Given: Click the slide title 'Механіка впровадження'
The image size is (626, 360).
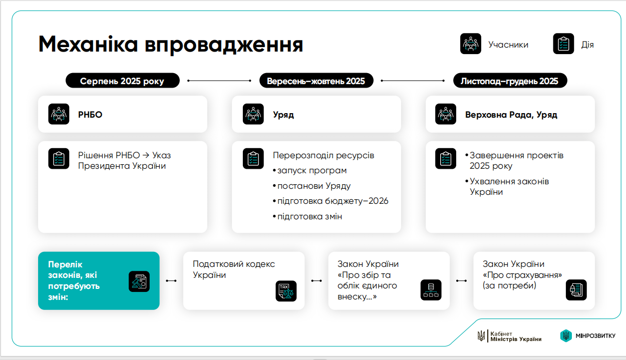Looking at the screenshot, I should pyautogui.click(x=170, y=45).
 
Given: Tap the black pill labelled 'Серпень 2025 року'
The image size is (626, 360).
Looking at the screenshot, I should pyautogui.click(x=122, y=81).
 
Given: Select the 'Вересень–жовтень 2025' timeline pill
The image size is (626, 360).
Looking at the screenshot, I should pyautogui.click(x=316, y=81).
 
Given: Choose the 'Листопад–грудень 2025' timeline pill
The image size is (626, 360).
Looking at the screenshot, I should pyautogui.click(x=510, y=81).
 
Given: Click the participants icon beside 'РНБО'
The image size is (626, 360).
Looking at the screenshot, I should pyautogui.click(x=59, y=114).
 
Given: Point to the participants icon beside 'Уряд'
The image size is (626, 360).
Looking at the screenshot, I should pyautogui.click(x=253, y=114).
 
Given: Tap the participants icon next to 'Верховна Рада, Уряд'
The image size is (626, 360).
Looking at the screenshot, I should pyautogui.click(x=446, y=114).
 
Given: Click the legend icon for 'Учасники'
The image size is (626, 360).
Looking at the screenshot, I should pyautogui.click(x=471, y=44).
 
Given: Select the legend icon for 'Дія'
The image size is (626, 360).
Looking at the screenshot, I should pyautogui.click(x=563, y=44).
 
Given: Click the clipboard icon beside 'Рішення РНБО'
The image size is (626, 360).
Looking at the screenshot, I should pyautogui.click(x=59, y=158).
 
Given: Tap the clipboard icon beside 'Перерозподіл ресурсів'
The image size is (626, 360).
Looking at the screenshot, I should pyautogui.click(x=253, y=158).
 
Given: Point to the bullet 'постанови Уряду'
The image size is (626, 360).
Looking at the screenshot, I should pyautogui.click(x=314, y=186).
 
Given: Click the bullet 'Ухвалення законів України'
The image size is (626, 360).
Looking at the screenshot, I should pyautogui.click(x=508, y=186).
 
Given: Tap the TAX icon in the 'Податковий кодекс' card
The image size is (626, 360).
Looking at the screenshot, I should pyautogui.click(x=286, y=291).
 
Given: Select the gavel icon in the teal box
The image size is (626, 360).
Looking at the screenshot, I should pyautogui.click(x=139, y=282).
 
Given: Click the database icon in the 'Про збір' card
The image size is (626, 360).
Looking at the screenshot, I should pyautogui.click(x=431, y=290).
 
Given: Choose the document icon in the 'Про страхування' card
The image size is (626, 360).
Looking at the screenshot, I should pyautogui.click(x=576, y=290).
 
